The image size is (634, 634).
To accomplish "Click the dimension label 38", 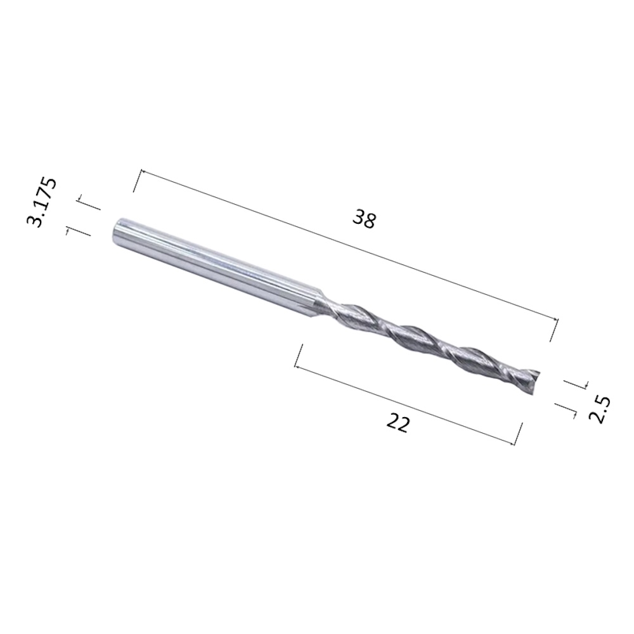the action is pos(365,219).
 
